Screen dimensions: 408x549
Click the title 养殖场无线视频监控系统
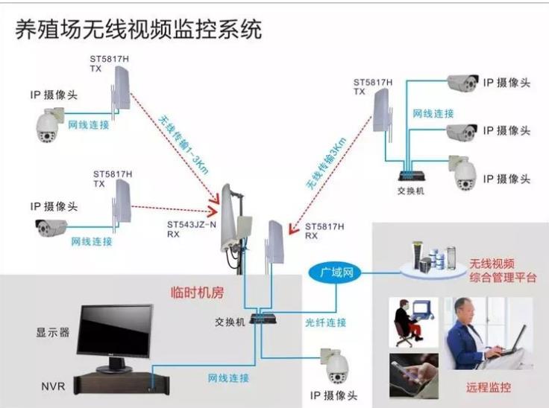coord(139,29)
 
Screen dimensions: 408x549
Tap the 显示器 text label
coord(53,332)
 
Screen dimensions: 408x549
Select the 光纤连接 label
coord(326,322)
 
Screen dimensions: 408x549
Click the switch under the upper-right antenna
coord(411,175)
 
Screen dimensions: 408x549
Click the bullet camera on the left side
coord(51,229)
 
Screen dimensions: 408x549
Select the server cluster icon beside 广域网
coord(432,258)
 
